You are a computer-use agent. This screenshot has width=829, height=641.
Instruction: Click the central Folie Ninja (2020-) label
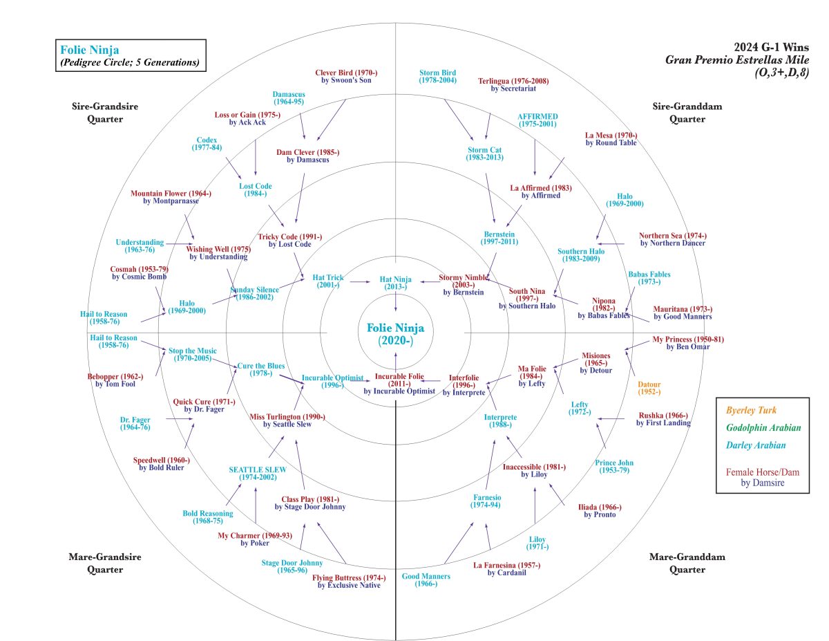(395, 334)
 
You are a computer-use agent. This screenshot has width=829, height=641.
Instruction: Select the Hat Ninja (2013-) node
(394, 283)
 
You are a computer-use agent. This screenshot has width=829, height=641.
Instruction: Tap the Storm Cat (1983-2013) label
(484, 154)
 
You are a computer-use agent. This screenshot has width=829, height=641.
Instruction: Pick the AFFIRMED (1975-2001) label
(538, 120)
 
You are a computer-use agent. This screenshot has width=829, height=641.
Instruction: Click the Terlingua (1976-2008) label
(513, 84)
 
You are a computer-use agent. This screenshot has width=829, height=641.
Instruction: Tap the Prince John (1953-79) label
(614, 467)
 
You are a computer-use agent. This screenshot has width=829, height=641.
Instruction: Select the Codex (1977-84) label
(207, 144)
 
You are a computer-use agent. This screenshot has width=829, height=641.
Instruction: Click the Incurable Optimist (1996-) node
(332, 381)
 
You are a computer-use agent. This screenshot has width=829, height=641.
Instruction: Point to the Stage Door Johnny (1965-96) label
(292, 566)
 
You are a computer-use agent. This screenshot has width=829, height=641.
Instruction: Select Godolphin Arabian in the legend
(763, 427)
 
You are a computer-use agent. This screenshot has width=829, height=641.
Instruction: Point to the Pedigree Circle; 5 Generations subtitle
(130, 63)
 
